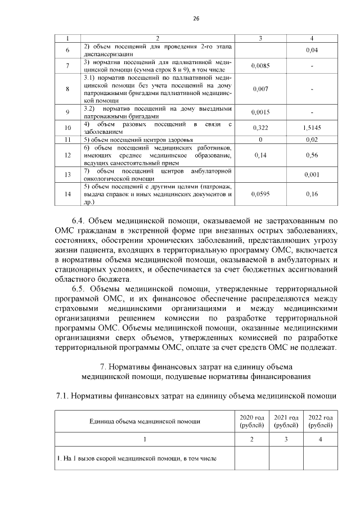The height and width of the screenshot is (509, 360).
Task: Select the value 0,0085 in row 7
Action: (x=260, y=66)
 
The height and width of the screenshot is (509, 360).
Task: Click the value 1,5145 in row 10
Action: (x=312, y=128)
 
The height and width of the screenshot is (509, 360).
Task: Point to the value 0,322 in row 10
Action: (x=260, y=128)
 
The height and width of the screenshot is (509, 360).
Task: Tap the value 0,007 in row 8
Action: (x=260, y=89)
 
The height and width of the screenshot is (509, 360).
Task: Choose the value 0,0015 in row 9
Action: (x=260, y=112)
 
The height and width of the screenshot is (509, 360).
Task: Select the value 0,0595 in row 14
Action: (x=260, y=194)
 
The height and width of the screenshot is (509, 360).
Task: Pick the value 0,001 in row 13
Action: (x=312, y=174)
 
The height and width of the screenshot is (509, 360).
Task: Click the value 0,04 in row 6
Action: (x=312, y=51)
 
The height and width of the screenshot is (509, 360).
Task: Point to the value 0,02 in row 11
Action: (x=312, y=139)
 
